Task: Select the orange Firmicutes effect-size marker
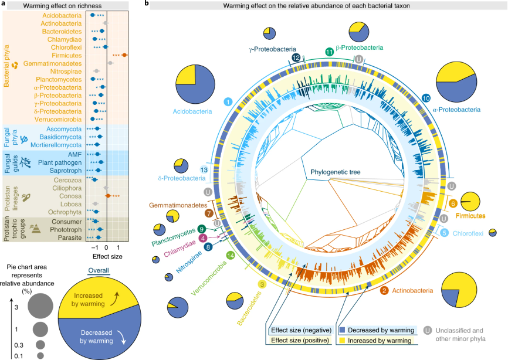(124, 55)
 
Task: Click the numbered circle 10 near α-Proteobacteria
(426, 97)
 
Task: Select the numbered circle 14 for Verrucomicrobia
(230, 256)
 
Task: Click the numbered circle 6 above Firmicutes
(453, 203)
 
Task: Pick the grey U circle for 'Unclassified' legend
(428, 330)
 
